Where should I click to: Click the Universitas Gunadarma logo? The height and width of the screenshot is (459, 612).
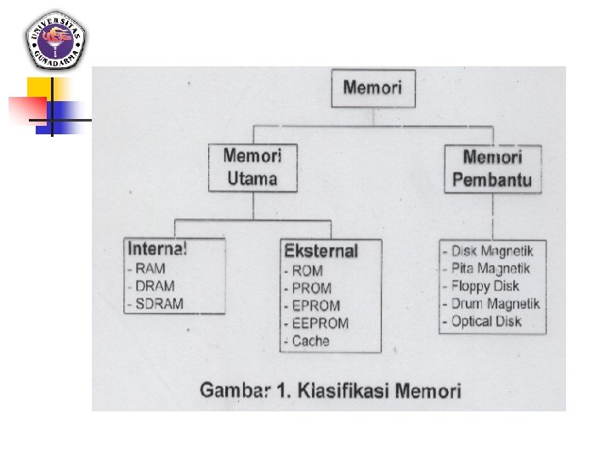[x=54, y=39]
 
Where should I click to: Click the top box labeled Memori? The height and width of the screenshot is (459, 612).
[x=373, y=88]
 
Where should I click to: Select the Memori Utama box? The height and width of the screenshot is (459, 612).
[x=252, y=167]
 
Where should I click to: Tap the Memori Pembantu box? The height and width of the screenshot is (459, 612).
[x=492, y=168]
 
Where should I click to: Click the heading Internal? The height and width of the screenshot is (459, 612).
[x=157, y=249]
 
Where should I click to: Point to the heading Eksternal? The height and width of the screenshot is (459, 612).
[x=320, y=252]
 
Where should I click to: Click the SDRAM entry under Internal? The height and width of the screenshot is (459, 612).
[x=157, y=303]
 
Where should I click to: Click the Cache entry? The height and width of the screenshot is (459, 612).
[x=309, y=341]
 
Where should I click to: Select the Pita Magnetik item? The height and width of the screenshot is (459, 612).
[x=491, y=269]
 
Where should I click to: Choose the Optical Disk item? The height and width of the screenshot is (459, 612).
[x=485, y=321]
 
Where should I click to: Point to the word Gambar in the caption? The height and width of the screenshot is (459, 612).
[x=230, y=391]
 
